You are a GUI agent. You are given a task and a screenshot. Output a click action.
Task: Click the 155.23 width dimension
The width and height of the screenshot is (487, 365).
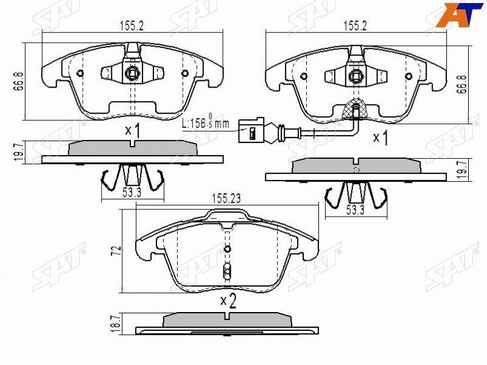point(226,199)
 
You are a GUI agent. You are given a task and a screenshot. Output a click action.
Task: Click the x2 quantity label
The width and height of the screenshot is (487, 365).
point(228,301)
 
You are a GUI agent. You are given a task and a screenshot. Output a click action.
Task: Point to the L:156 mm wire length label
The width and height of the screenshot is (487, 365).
point(205,122)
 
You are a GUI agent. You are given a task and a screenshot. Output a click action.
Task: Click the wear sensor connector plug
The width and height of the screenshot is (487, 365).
point(251,130)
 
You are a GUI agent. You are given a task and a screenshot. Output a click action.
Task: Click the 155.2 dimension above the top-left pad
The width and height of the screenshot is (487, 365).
point(132,26)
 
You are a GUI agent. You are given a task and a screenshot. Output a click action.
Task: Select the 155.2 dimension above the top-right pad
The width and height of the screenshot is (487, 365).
point(355,26)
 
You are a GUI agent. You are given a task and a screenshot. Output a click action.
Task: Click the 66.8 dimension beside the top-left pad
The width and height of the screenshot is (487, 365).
point(19,81)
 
